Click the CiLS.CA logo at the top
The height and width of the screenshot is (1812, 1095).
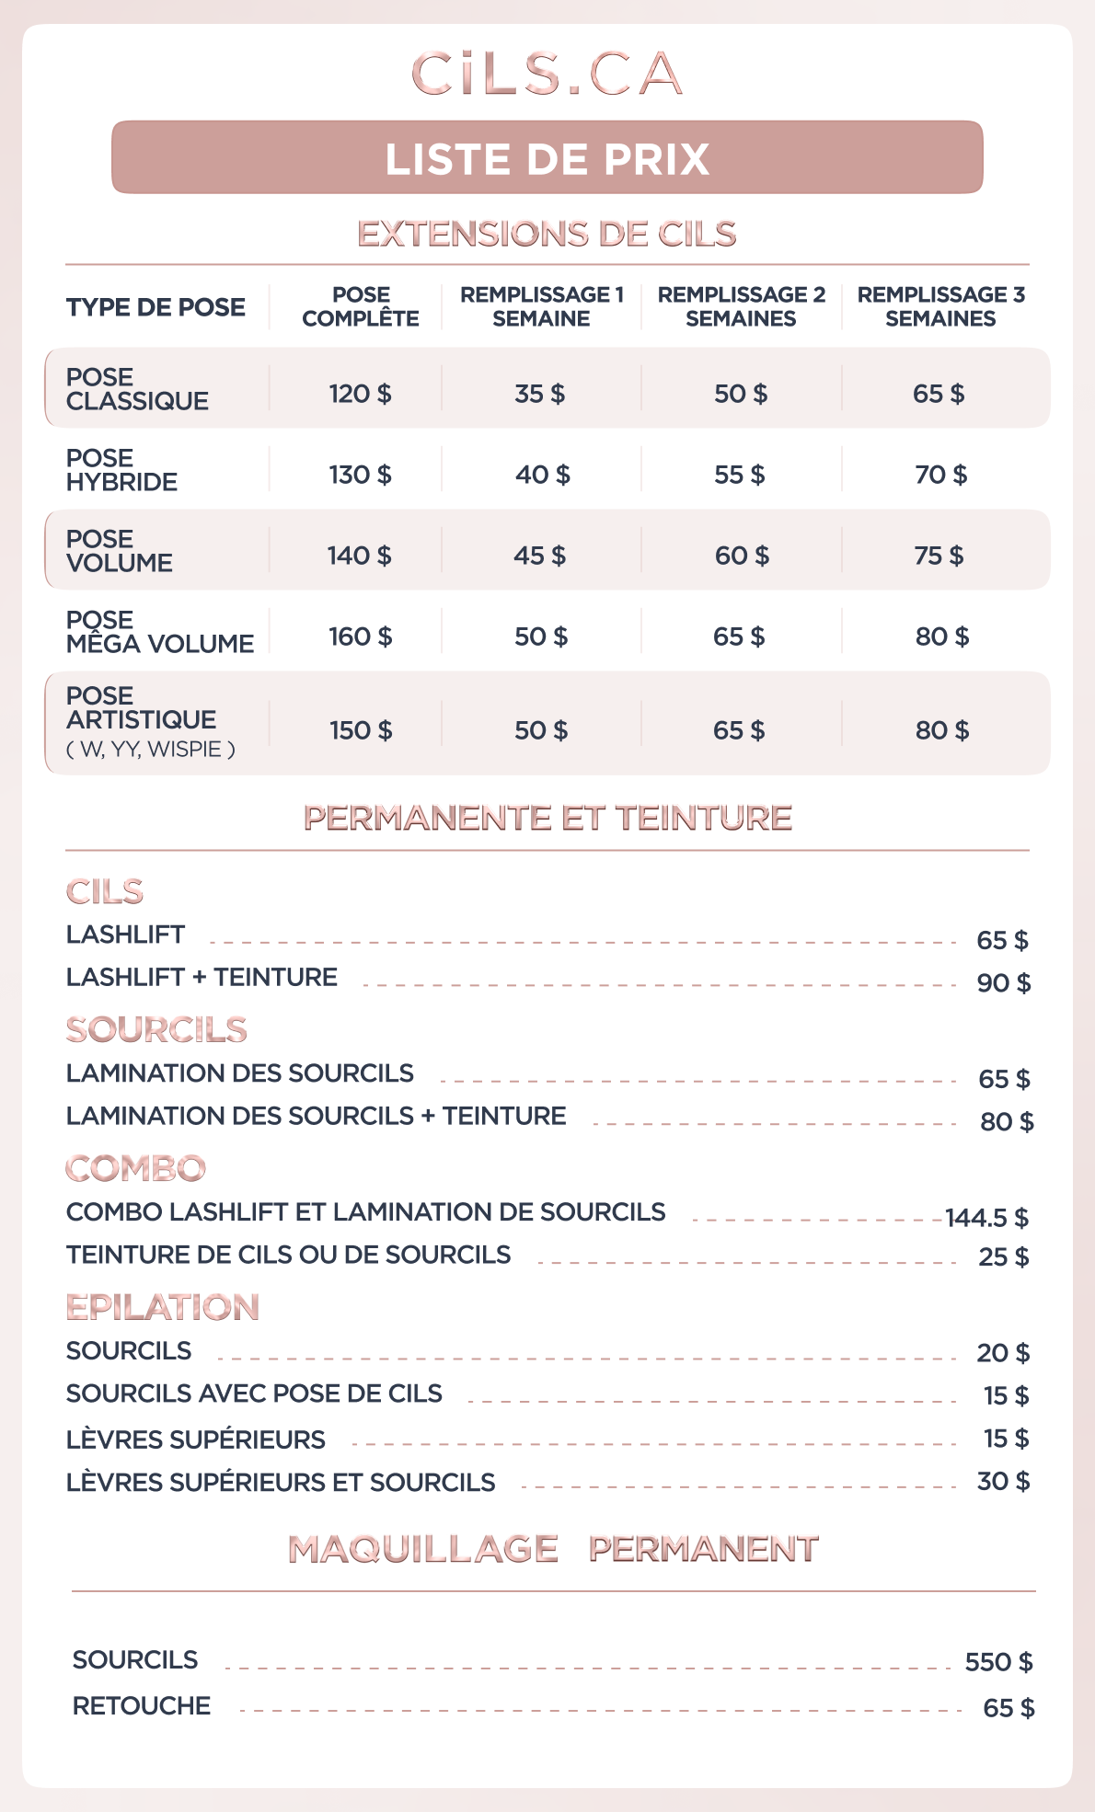pos(547,74)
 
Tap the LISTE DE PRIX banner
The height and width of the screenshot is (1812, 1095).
pos(547,158)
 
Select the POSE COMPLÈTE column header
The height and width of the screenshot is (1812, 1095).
pos(361,306)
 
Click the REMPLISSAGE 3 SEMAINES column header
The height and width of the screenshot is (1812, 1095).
pos(940,306)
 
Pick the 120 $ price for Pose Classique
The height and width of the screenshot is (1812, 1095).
pos(360,394)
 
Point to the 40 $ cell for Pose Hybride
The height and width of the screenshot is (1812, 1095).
pos(542,475)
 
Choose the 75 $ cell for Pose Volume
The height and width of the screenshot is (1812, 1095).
pos(939,556)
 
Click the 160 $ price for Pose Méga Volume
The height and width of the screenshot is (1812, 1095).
pos(360,636)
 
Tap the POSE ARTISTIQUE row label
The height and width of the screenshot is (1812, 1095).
pos(141,708)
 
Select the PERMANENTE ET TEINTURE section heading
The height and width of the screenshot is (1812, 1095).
pos(547,818)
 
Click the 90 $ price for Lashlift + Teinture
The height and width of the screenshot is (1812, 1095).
pos(1003,983)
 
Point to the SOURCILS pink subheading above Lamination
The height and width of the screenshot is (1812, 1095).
pos(156,1029)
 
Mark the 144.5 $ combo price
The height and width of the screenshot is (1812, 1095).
pos(986,1218)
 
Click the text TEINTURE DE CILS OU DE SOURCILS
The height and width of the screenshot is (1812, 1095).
pos(288,1255)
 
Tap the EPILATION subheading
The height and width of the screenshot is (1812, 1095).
pos(162,1307)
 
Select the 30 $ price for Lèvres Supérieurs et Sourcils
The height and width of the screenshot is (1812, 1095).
pos(1003,1481)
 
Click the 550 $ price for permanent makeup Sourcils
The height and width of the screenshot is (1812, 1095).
pos(998,1662)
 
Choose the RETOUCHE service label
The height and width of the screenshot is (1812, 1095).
pos(142,1705)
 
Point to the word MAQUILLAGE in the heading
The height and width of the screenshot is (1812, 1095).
pos(423,1549)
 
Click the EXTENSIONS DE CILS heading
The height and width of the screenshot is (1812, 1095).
pos(547,234)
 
